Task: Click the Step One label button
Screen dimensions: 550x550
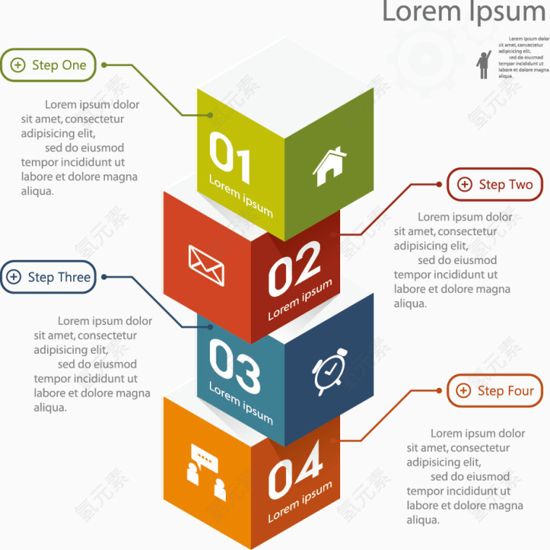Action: pyautogui.click(x=48, y=65)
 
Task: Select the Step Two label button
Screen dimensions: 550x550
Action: pyautogui.click(x=495, y=185)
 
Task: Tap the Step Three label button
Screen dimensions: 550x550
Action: pyautogui.click(x=48, y=277)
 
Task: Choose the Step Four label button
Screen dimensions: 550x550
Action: pyautogui.click(x=495, y=391)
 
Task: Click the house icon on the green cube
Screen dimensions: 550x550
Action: pyautogui.click(x=330, y=165)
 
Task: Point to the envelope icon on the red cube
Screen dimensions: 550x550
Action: pyautogui.click(x=206, y=265)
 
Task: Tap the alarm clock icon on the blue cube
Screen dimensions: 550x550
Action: pyautogui.click(x=330, y=371)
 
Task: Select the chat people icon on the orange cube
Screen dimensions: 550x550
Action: pyautogui.click(x=206, y=471)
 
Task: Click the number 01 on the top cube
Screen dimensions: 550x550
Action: pyautogui.click(x=230, y=155)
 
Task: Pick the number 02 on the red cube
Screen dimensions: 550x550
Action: pyautogui.click(x=295, y=267)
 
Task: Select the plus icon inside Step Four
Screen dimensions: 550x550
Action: pyautogui.click(x=464, y=392)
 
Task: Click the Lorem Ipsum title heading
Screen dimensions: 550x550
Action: pyautogui.click(x=463, y=12)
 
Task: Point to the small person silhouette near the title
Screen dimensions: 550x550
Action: pyautogui.click(x=483, y=64)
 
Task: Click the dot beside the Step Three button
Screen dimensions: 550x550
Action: pyautogui.click(x=104, y=277)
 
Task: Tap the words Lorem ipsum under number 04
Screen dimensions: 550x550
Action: pyautogui.click(x=300, y=502)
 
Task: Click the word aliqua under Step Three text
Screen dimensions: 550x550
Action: pyautogui.click(x=51, y=407)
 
